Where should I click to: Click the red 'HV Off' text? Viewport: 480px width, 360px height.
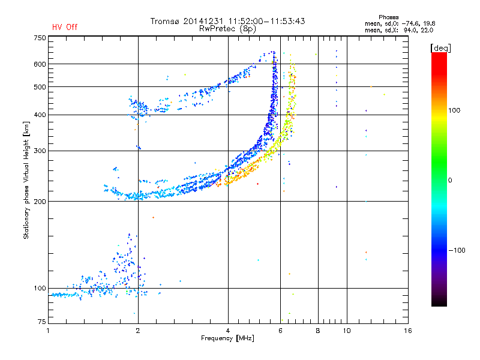click(65, 27)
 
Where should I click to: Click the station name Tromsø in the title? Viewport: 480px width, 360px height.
click(164, 21)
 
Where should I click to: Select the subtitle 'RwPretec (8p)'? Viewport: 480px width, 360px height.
click(227, 29)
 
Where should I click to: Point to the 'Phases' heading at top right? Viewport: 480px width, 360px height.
click(388, 17)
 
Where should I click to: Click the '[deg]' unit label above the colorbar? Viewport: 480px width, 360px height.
click(440, 48)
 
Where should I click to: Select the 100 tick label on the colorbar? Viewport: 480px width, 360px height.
click(454, 110)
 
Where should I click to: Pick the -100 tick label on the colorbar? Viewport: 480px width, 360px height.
click(457, 250)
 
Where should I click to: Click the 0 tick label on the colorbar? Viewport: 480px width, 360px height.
click(450, 181)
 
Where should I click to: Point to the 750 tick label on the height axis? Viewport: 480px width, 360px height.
click(40, 38)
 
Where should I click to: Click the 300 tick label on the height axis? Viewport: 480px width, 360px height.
click(40, 151)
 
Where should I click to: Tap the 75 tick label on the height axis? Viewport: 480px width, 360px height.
click(42, 322)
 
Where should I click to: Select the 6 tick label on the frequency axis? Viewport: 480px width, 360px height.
click(280, 331)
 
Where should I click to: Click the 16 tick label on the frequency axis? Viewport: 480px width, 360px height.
click(408, 331)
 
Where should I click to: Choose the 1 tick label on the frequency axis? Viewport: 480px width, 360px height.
click(48, 331)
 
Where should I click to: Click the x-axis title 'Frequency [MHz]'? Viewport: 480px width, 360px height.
click(227, 338)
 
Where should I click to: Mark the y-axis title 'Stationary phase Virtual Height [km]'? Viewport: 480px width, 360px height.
click(26, 180)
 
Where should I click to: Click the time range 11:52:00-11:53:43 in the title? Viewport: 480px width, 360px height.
click(266, 21)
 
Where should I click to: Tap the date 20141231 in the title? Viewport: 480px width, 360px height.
click(204, 21)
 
